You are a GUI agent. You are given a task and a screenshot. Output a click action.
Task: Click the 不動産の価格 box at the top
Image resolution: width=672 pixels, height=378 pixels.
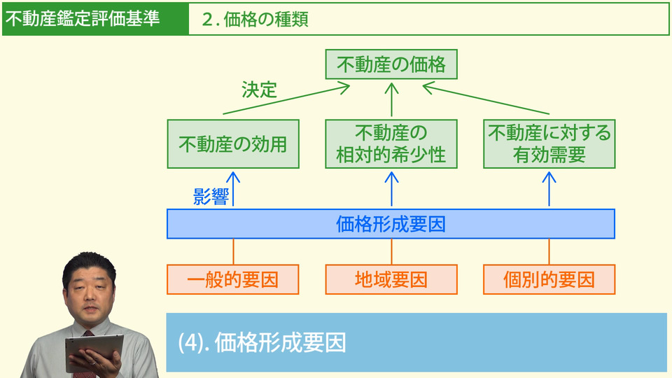391,66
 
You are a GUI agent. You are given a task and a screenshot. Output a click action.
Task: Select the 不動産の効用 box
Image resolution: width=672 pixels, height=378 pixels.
232,144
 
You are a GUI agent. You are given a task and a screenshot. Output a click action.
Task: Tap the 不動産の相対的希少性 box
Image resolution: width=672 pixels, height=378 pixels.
391,144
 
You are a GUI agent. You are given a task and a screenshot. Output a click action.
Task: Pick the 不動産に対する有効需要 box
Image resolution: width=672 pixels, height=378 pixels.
549,144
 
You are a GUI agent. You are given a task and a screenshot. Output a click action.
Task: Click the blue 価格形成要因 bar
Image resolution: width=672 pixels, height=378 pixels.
391,224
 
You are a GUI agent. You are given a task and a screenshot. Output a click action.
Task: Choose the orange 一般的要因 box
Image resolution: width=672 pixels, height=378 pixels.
232,280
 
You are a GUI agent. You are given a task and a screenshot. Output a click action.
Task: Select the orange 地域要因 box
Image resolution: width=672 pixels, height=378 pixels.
391,280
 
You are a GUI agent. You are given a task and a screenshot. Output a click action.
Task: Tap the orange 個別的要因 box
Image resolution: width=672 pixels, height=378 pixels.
549,280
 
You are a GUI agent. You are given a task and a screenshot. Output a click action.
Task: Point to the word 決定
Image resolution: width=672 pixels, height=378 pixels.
260,90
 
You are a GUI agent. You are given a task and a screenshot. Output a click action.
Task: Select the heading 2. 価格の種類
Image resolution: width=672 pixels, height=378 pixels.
255,20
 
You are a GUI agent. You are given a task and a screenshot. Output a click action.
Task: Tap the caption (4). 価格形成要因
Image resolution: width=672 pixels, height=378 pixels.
262,342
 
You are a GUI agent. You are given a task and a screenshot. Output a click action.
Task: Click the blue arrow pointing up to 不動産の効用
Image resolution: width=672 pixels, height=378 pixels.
233,188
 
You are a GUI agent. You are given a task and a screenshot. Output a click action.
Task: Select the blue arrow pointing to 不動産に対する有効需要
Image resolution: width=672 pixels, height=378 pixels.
549,188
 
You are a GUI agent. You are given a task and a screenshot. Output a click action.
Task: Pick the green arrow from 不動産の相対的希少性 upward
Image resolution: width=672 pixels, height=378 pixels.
391,100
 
